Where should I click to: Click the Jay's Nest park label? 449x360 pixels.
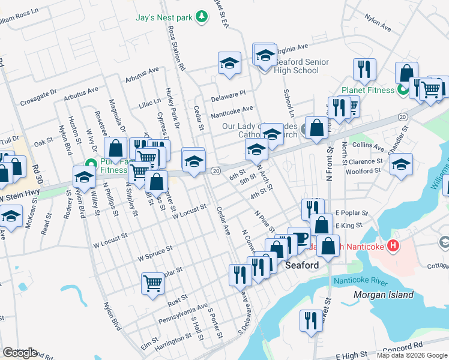[x=164, y=17]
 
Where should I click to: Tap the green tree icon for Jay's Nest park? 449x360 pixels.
[x=202, y=17]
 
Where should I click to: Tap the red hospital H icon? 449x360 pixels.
[x=393, y=245]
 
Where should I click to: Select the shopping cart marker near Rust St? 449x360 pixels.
[x=152, y=283]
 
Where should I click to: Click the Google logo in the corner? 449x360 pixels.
[x=20, y=353]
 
